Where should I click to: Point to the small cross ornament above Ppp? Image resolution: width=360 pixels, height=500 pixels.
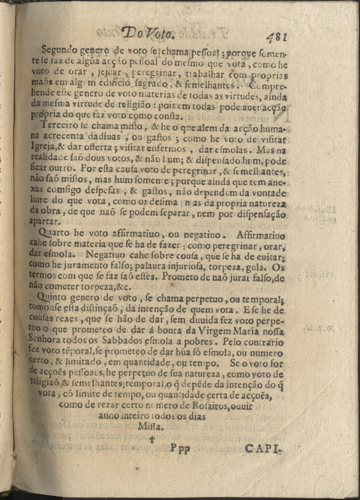pyautogui.click(x=159, y=437)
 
